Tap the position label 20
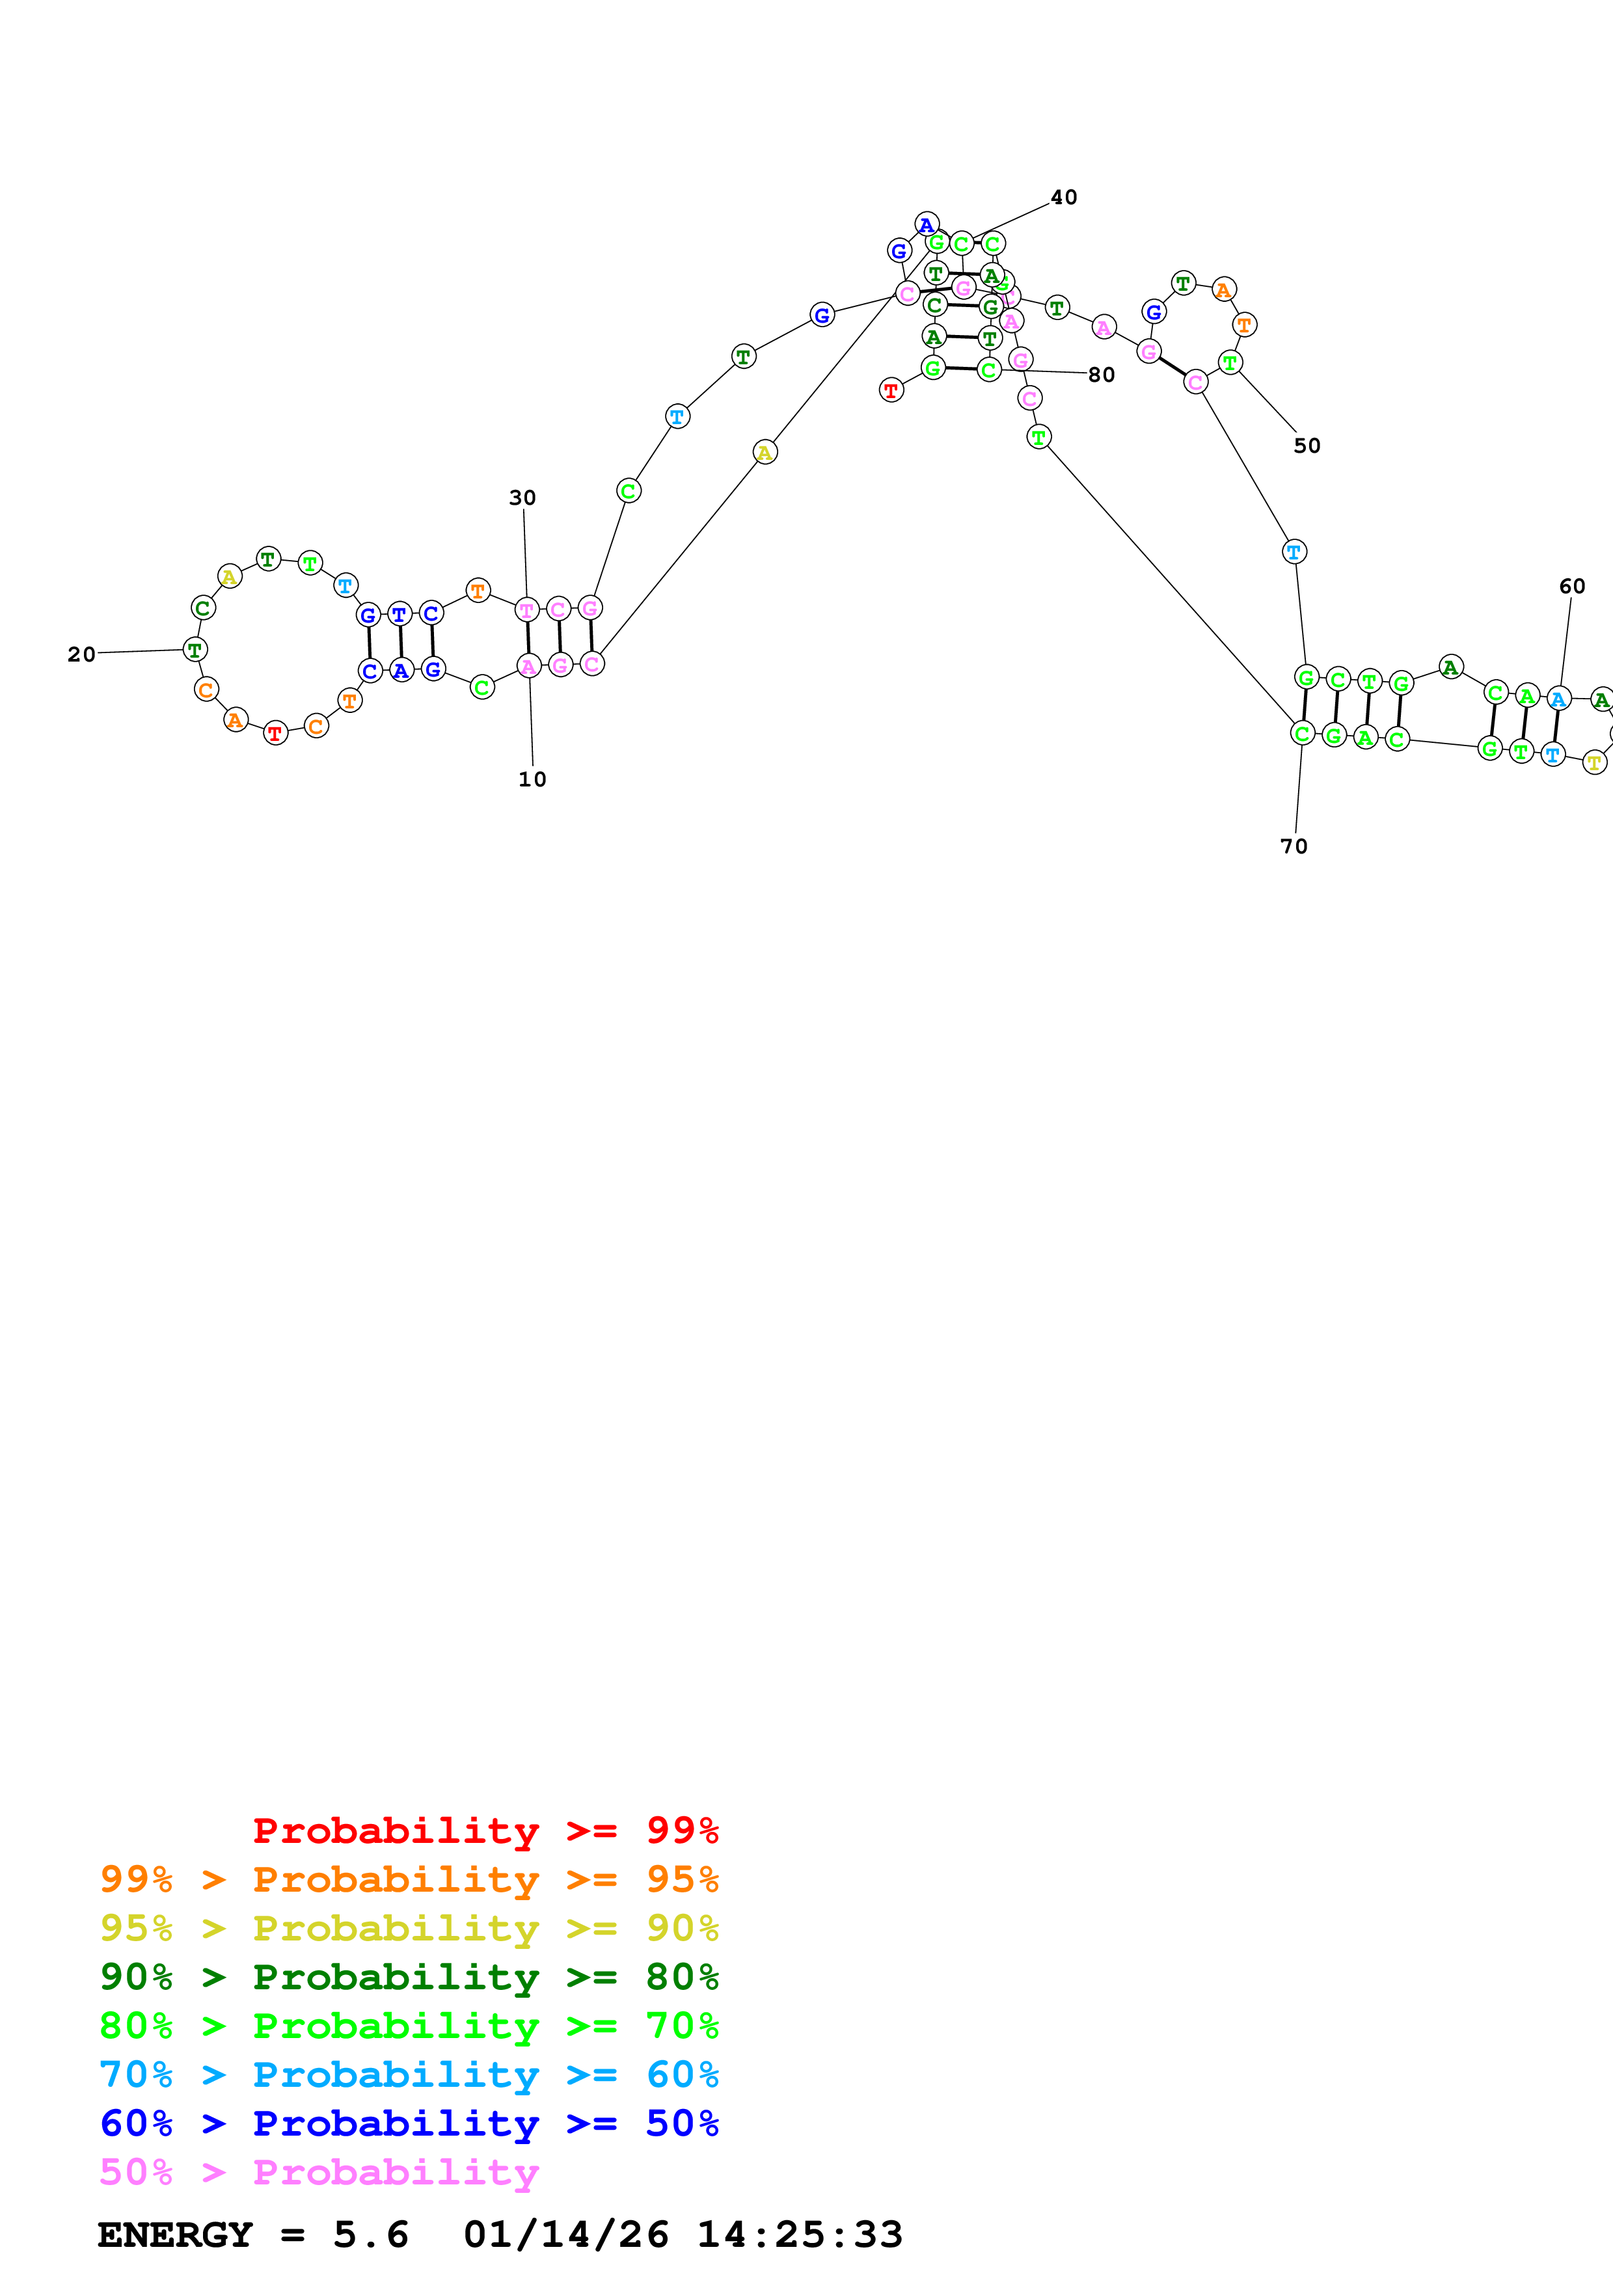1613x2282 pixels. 81,654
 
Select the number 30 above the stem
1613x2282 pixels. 522,498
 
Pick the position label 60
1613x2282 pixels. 1571,586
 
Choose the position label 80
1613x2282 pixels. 1100,375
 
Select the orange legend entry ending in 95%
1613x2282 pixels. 409,1879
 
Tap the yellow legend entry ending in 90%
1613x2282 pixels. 409,1928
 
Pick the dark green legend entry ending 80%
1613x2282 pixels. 409,1977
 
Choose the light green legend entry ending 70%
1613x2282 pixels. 409,2026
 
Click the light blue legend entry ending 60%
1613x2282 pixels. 409,2074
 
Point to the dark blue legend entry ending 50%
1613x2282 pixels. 409,2123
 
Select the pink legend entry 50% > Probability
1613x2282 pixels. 318,2171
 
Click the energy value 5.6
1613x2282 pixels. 371,2235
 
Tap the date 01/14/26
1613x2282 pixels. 565,2235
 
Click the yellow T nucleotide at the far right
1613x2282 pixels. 1594,763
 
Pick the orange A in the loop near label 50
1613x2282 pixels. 1223,290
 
